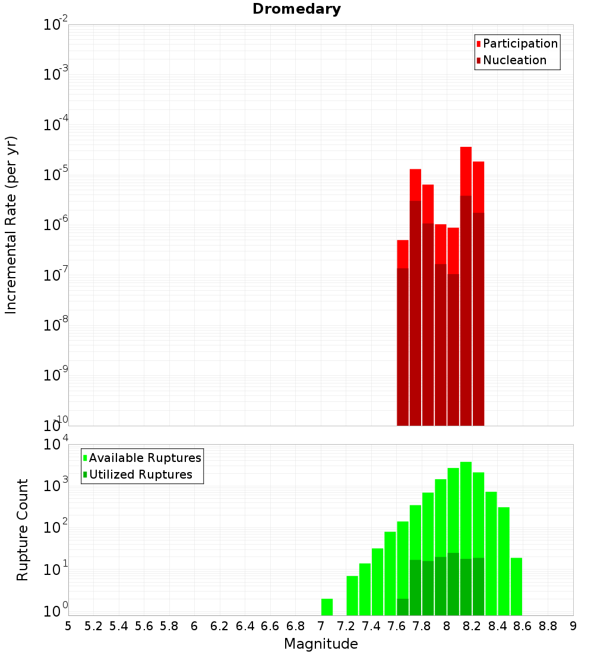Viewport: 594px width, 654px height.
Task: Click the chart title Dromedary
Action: (296, 9)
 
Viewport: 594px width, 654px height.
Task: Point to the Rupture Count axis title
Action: (23, 529)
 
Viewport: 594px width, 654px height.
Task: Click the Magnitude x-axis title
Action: (321, 644)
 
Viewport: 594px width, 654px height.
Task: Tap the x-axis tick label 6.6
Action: (270, 626)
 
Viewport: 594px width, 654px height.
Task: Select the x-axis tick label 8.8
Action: (548, 626)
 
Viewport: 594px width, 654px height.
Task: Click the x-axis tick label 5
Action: (68, 626)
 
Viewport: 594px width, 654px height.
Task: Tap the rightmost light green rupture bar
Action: (516, 586)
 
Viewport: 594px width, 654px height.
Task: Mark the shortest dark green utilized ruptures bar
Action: (403, 606)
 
